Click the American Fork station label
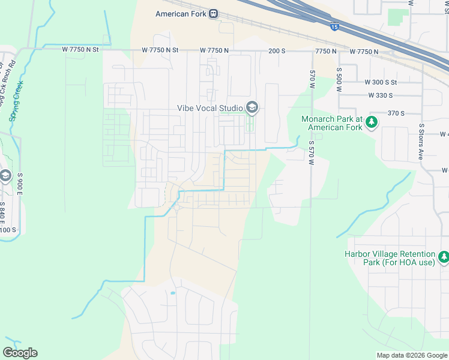point(181,14)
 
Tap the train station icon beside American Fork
point(214,14)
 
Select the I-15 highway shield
point(334,26)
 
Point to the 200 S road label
point(277,52)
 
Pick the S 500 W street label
point(339,79)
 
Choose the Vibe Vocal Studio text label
point(209,108)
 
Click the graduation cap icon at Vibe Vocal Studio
point(252,108)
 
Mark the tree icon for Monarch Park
point(372,122)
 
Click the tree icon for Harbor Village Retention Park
point(443,257)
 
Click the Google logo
point(20,353)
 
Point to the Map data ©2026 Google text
point(411,355)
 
